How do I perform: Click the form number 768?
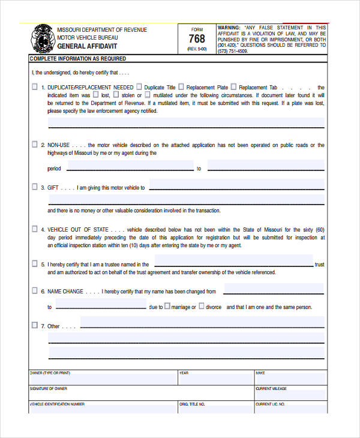pyautogui.click(x=197, y=39)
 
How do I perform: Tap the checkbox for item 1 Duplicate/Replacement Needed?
pyautogui.click(x=34, y=87)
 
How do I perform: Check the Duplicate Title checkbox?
pyautogui.click(x=140, y=86)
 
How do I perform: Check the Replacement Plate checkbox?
pyautogui.click(x=181, y=86)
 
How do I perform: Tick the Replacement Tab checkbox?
pyautogui.click(x=233, y=86)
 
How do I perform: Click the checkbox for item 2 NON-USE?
pyautogui.click(x=34, y=145)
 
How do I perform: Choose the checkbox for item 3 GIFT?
pyautogui.click(x=34, y=187)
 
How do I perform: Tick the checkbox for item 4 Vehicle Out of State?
pyautogui.click(x=34, y=229)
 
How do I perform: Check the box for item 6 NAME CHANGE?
pyautogui.click(x=34, y=291)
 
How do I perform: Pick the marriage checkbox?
pyautogui.click(x=168, y=307)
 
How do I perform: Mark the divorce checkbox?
pyautogui.click(x=202, y=307)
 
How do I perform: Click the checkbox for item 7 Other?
pyautogui.click(x=34, y=326)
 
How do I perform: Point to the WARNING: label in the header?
pyautogui.click(x=229, y=28)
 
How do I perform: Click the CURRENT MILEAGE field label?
pyautogui.click(x=271, y=389)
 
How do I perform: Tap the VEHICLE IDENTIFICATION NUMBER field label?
pyautogui.click(x=57, y=404)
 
